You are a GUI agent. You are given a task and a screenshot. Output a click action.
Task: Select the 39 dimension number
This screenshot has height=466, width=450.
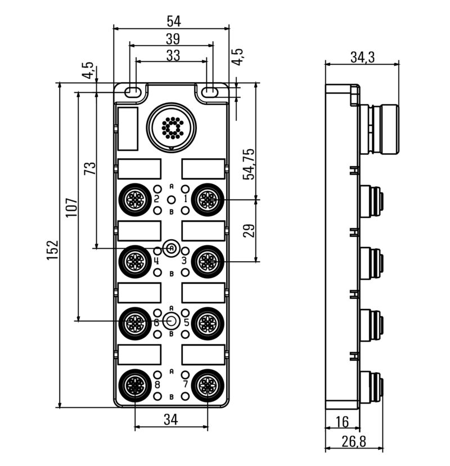tap(173, 39)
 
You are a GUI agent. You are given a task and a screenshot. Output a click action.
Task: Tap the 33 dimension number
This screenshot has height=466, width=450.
tap(173, 56)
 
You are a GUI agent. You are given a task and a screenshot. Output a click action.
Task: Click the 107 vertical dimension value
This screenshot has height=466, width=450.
tap(71, 208)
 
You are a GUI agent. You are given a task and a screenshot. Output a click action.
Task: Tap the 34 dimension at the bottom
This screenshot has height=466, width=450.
tap(171, 419)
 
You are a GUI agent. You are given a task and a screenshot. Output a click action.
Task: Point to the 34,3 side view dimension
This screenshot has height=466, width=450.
tap(363, 57)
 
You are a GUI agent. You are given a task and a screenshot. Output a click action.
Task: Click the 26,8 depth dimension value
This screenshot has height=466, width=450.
tap(354, 442)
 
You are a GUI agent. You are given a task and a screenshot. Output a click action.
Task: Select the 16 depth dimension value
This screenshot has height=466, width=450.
tap(342, 422)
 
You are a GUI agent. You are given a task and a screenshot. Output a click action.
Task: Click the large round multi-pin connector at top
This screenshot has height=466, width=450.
tap(172, 126)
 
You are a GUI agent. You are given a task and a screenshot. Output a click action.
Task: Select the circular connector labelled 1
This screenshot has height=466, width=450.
tap(208, 199)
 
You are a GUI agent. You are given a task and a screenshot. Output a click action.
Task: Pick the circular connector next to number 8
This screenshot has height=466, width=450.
tap(134, 385)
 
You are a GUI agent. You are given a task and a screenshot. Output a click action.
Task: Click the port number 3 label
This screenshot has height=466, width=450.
tap(184, 261)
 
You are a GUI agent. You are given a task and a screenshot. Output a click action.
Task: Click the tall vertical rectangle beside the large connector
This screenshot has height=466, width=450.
tap(128, 128)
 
